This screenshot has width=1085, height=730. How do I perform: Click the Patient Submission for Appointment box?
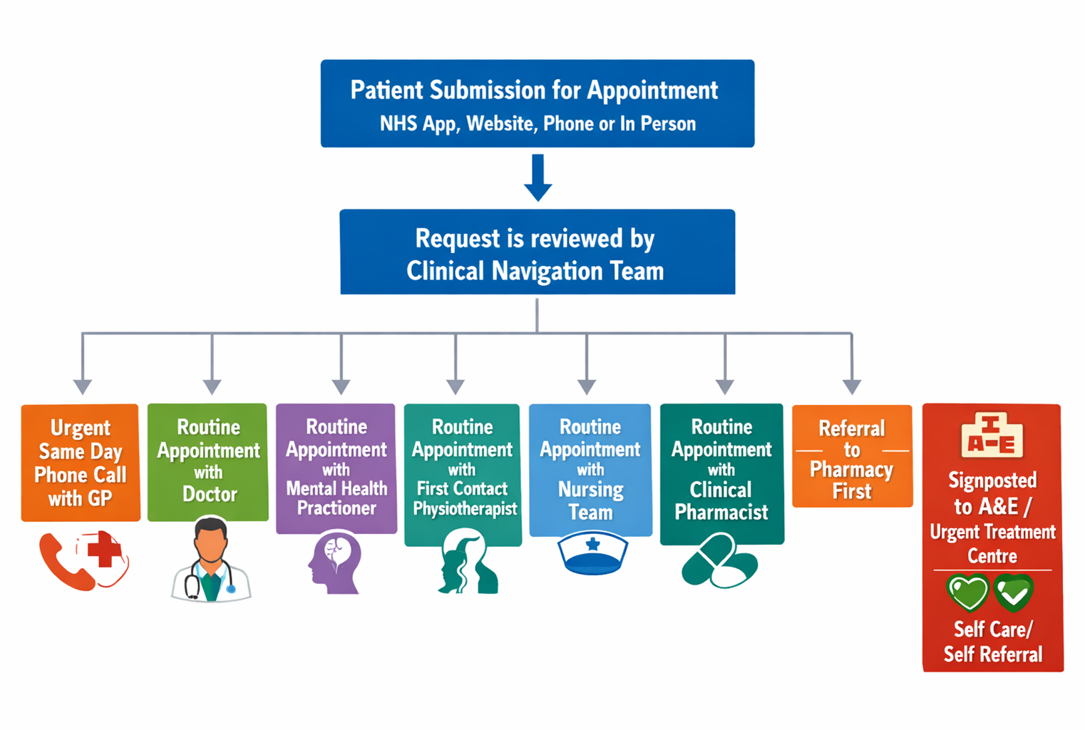tap(538, 104)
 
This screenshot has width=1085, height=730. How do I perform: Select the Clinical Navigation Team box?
tap(538, 252)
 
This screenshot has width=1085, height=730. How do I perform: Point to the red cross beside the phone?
tap(104, 551)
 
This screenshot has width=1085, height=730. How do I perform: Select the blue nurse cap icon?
tap(592, 555)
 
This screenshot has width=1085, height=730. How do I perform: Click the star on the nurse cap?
tap(592, 545)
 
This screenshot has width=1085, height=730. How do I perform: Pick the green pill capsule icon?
tap(719, 561)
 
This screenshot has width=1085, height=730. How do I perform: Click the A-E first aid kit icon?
tap(992, 434)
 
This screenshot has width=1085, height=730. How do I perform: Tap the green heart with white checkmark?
tap(1013, 592)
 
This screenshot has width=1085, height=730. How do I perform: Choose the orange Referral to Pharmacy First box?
tap(852, 457)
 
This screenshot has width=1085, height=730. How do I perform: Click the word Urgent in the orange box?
tap(81, 428)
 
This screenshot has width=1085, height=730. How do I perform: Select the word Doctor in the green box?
tap(210, 494)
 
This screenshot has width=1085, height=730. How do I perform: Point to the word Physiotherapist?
tap(465, 508)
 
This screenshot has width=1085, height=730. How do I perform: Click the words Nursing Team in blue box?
tap(590, 500)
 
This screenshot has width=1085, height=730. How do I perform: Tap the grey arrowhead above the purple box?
tap(341, 387)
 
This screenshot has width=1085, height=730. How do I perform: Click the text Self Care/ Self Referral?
tap(993, 642)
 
